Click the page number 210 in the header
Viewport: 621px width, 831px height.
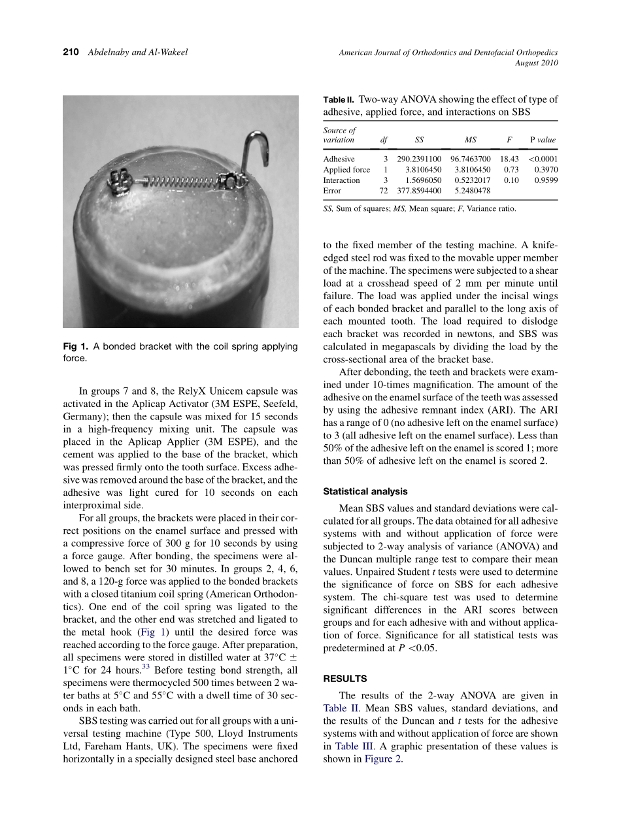pyautogui.click(x=71, y=52)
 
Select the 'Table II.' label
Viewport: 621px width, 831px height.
pyautogui.click(x=339, y=100)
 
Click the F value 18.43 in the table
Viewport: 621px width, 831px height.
pyautogui.click(x=509, y=159)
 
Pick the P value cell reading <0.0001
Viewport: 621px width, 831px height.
pyautogui.click(x=543, y=159)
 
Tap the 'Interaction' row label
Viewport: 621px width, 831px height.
pyautogui.click(x=341, y=180)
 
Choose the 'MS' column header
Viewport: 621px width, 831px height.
pyautogui.click(x=470, y=140)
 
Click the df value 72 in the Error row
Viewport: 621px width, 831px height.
pyautogui.click(x=384, y=191)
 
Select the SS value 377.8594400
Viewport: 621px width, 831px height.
pyautogui.click(x=419, y=191)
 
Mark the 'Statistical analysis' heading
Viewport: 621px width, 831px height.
pyautogui.click(x=365, y=491)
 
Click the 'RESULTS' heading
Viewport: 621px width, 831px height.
pyautogui.click(x=344, y=679)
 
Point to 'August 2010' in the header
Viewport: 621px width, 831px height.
pyautogui.click(x=537, y=63)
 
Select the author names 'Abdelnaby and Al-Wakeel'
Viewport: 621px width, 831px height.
pyautogui.click(x=137, y=52)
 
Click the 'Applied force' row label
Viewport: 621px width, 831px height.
pyautogui.click(x=346, y=170)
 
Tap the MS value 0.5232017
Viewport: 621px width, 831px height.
pyautogui.click(x=473, y=180)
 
